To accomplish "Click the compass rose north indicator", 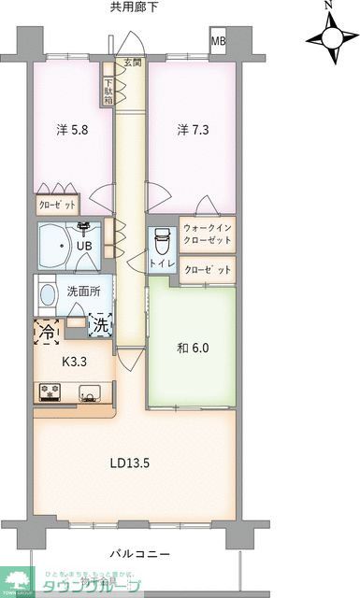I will (x=329, y=37).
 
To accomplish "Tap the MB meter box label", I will (x=218, y=42).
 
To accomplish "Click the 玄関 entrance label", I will (x=129, y=64).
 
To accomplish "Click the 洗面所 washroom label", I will (x=81, y=291).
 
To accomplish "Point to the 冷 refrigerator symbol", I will (x=46, y=330).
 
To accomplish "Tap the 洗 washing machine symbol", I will (x=99, y=326).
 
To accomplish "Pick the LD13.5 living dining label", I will (x=129, y=462).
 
